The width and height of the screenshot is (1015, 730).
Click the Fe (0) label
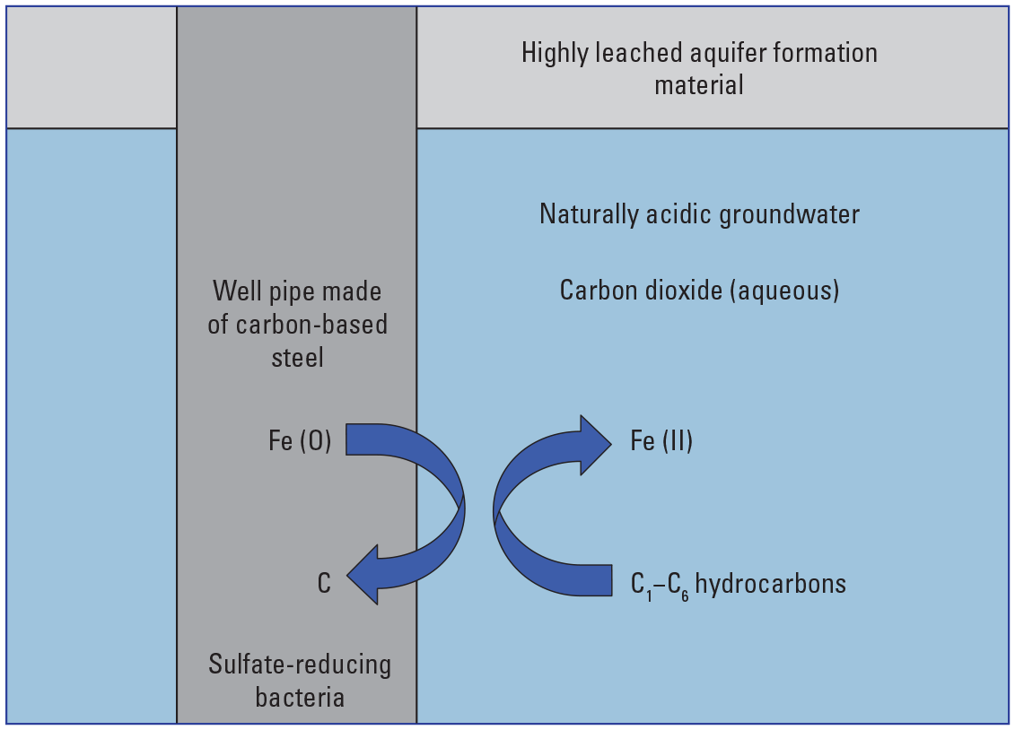coord(300,442)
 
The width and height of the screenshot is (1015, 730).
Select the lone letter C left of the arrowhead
coord(324,585)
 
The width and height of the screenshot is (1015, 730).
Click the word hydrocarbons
coord(770,585)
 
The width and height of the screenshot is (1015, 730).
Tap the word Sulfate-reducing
coord(300,665)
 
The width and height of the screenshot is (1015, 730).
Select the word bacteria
coord(300,697)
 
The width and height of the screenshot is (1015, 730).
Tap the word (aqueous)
coord(794,291)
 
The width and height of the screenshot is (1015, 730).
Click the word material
coord(699,85)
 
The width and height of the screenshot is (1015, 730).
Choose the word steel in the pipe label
coord(297,357)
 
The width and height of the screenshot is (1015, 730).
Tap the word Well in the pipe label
coord(232,291)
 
